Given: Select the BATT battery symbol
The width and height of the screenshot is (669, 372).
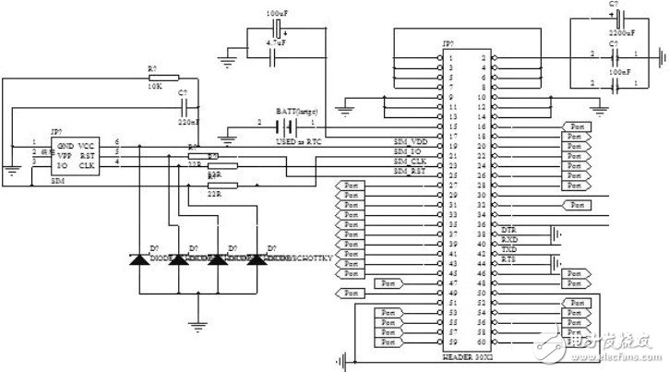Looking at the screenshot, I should (293, 122).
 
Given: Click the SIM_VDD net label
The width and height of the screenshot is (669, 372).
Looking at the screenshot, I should (410, 141).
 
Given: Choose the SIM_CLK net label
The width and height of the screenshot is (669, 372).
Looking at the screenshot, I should (411, 162).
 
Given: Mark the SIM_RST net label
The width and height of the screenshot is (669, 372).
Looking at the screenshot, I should (411, 172).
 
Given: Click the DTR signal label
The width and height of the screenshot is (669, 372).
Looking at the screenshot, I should (508, 228).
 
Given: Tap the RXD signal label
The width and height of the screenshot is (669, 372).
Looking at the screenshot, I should (509, 238).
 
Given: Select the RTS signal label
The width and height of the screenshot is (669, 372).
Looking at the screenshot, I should (508, 260).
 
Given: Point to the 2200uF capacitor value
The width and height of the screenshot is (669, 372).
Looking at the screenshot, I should (619, 32).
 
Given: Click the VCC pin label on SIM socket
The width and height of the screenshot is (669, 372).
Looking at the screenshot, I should (86, 146).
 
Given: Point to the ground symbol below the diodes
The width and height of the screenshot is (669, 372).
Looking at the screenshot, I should (196, 322).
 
